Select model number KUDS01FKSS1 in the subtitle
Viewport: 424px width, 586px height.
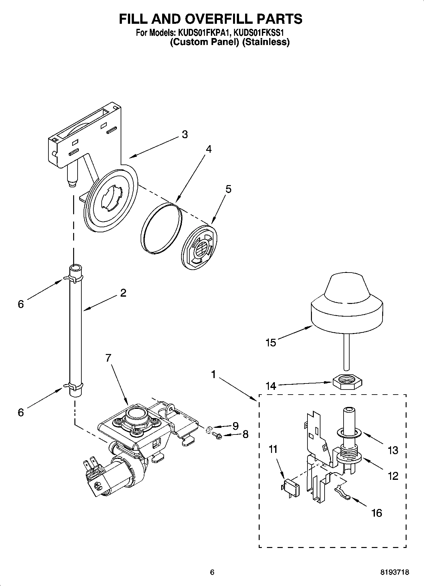(260, 33)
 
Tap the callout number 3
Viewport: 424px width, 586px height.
(185, 134)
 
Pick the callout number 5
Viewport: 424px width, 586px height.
(228, 189)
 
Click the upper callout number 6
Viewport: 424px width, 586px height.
(21, 304)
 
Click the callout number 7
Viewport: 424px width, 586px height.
(108, 358)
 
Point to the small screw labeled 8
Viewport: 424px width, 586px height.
(217, 436)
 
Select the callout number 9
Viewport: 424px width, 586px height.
(235, 426)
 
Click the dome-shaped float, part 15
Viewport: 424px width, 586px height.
(347, 304)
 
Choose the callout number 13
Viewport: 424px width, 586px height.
(393, 450)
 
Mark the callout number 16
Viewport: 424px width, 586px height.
(377, 513)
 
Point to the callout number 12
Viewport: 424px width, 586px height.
(393, 476)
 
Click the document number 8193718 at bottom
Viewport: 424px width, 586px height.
(395, 572)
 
